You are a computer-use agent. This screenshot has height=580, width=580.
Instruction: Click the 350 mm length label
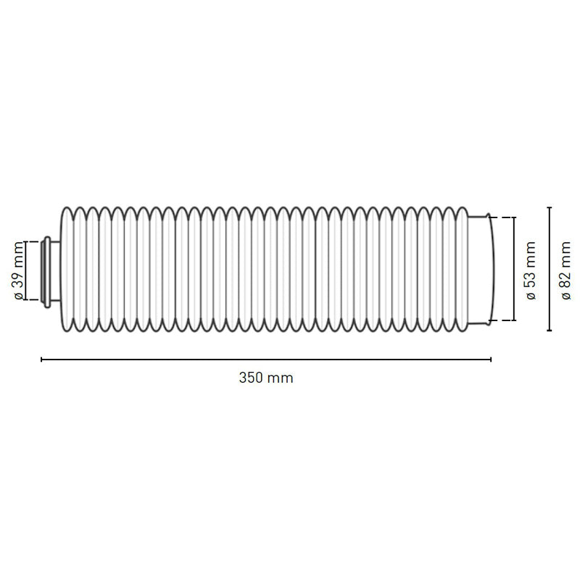pos(266,378)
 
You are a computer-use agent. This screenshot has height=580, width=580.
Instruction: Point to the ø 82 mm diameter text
pos(565,270)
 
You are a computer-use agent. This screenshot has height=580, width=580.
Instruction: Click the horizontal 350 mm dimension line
pos(266,359)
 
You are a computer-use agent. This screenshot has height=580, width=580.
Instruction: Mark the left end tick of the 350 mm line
pos(41,359)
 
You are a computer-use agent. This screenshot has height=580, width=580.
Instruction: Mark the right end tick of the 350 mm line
pos(491,359)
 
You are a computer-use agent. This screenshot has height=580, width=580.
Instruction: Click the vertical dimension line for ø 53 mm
pos(514,268)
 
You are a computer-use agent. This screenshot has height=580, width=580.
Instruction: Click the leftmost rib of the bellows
pos(67,269)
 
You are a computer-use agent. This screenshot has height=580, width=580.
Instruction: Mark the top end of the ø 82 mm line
pos(550,208)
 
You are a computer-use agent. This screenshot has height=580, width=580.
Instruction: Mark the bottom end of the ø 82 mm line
pos(550,331)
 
